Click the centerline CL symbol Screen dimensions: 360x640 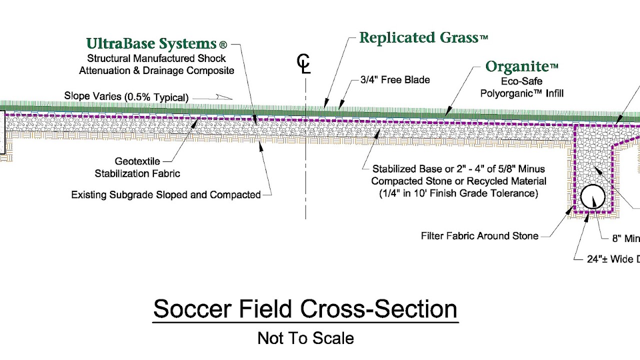[303, 64]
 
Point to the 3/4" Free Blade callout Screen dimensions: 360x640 [395, 80]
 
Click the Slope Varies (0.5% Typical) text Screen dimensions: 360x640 [126, 97]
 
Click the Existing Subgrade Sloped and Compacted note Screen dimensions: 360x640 [165, 195]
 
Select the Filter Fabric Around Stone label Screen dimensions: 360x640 [479, 236]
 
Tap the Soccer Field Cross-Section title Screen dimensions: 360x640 [305, 309]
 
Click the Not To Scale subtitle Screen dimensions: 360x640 [305, 338]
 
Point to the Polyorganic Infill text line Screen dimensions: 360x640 [522, 93]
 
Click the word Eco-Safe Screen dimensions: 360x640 [522, 81]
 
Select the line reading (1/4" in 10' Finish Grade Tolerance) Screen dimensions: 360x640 [458, 193]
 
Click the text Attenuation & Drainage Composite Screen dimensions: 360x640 [156, 70]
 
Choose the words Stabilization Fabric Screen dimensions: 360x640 [137, 174]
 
